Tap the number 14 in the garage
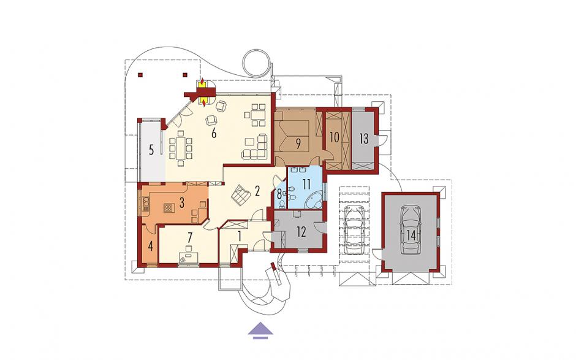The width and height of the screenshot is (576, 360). point(411,236)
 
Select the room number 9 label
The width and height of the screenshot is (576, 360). point(298,144)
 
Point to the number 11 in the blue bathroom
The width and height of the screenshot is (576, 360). point(306,184)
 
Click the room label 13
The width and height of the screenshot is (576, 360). point(363,139)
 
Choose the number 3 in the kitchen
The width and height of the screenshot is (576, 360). point(181,204)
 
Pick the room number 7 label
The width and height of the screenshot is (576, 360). point(190,237)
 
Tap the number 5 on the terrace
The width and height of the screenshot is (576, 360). point(151,150)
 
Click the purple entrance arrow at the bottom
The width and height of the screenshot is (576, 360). point(261,329)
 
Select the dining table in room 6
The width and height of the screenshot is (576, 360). point(180,148)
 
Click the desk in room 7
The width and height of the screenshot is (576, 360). point(189,257)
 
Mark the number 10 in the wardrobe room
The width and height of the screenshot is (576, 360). point(335,137)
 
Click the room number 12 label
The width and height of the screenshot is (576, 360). point(301,232)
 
